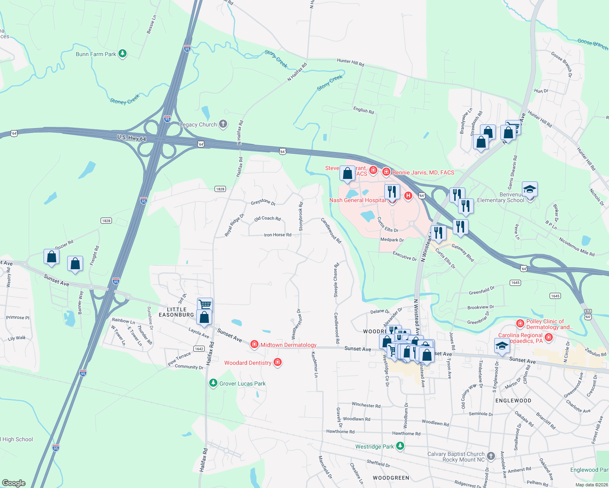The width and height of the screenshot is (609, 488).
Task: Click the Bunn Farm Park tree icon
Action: point(122,54)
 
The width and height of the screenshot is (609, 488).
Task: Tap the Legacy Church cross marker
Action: point(223,124)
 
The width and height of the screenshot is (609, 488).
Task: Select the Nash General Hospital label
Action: point(357,200)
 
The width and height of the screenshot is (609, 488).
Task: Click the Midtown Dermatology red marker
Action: point(254,345)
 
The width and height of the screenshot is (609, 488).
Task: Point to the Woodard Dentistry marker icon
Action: point(278,362)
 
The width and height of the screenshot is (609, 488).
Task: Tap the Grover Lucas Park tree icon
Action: point(212,383)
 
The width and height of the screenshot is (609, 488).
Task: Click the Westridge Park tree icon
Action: point(400,446)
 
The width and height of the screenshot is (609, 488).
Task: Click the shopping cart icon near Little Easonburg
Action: point(205,304)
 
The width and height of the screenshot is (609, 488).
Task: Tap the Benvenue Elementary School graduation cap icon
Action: point(530,190)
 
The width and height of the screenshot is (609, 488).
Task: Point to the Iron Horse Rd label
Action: point(278,235)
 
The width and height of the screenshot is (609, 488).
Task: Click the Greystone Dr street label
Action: point(263,202)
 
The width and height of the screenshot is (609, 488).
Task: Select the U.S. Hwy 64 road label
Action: point(131,138)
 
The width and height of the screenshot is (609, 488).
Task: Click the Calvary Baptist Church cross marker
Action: point(491,456)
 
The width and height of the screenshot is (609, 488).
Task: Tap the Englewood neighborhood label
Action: point(513,401)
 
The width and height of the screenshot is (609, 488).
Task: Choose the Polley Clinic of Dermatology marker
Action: point(520,324)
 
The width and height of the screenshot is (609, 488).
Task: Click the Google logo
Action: point(14,483)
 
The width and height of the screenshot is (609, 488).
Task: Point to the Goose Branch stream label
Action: point(592,43)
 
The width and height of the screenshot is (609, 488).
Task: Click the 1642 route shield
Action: point(199,349)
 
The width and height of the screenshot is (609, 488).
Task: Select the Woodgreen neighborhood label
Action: point(391,478)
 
